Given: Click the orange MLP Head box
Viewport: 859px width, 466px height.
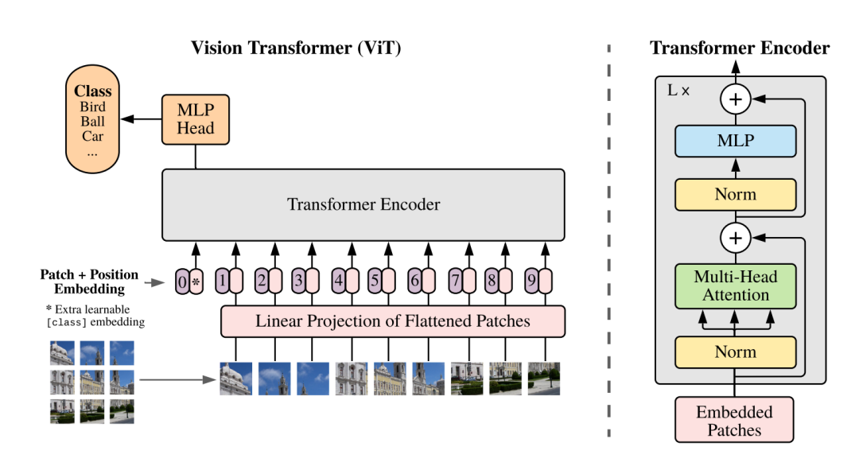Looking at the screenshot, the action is click(196, 119).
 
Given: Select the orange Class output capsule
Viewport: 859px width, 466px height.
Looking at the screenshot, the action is click(92, 118).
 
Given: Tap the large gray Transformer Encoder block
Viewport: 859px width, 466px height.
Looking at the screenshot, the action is click(363, 205).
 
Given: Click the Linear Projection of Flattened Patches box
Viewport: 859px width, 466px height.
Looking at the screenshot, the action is click(393, 321).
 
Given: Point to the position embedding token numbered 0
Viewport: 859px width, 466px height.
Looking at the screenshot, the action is click(182, 282).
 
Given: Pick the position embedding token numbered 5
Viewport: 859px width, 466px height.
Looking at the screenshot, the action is click(375, 281).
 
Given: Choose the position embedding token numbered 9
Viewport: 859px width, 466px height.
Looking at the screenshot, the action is click(531, 281).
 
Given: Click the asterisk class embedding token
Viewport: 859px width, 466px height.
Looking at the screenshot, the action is click(196, 282).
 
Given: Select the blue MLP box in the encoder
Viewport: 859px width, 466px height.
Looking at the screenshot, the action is click(735, 142).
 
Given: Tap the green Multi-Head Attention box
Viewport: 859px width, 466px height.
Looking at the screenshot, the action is click(735, 285).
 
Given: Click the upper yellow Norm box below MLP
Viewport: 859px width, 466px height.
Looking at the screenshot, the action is click(735, 194).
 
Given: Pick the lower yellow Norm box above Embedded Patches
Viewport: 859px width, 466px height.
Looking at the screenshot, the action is click(735, 352).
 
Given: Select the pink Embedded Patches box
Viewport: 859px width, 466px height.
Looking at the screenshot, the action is click(734, 420).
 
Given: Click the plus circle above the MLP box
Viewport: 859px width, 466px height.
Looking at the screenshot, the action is click(735, 99).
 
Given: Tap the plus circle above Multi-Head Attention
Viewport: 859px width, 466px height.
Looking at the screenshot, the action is click(735, 239).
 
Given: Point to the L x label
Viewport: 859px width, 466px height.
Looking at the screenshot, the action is click(678, 91).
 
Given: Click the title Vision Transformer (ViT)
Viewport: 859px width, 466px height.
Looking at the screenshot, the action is click(296, 49).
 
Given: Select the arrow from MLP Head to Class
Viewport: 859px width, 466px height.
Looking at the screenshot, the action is click(142, 118).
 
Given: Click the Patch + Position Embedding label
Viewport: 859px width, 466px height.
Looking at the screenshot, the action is click(89, 282).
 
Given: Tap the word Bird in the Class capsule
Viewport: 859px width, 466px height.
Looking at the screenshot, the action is click(92, 107).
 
